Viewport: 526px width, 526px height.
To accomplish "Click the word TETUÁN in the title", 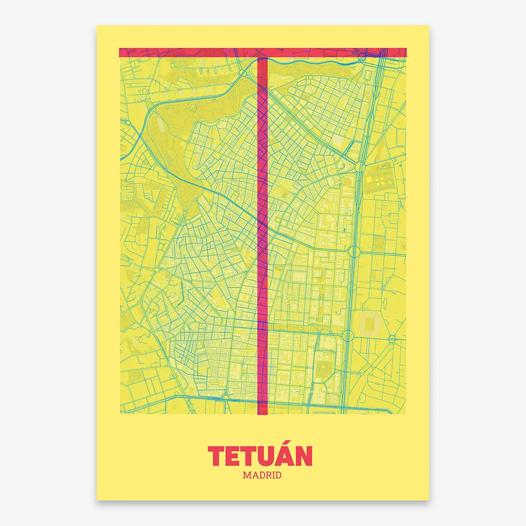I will tap(260, 456).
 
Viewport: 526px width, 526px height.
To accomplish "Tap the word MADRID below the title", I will tap(262, 475).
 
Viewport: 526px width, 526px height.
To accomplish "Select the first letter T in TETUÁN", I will tap(216, 457).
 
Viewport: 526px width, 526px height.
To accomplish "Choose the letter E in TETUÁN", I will tap(232, 457).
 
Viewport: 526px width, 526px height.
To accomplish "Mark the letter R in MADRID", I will tap(268, 475).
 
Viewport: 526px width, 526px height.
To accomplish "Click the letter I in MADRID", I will tap(274, 475).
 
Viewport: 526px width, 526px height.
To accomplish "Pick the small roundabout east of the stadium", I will tap(392, 339).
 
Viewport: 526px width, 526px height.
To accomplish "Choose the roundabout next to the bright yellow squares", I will tap(360, 167).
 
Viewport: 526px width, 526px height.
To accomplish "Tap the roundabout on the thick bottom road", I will tap(225, 397).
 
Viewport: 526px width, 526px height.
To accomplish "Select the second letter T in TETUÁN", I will tap(249, 457).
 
